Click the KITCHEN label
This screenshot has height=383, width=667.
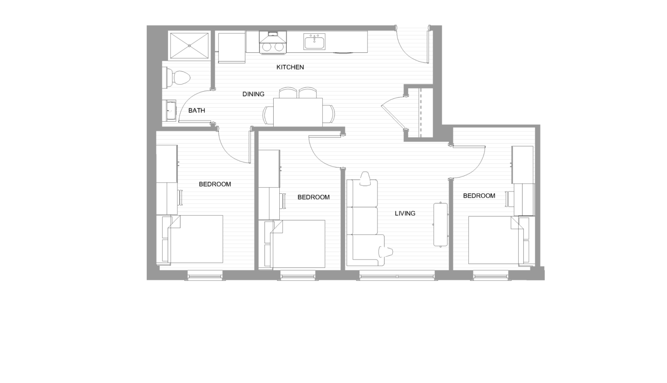pyautogui.click(x=290, y=67)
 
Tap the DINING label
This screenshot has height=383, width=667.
pyautogui.click(x=253, y=94)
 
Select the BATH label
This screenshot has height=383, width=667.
pyautogui.click(x=196, y=111)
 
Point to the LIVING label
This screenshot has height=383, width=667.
pyautogui.click(x=405, y=213)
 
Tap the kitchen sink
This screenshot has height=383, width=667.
pyautogui.click(x=315, y=42)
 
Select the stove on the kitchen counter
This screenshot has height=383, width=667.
pyautogui.click(x=273, y=43)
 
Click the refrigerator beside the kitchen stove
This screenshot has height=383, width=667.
pyautogui.click(x=232, y=47)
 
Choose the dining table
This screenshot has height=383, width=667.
pyautogui.click(x=298, y=111)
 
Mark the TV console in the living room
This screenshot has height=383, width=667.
pyautogui.click(x=440, y=224)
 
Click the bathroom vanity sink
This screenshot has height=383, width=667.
pyautogui.click(x=170, y=111)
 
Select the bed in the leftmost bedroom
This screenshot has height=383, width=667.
pyautogui.click(x=195, y=239)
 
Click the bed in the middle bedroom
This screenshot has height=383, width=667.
pyautogui.click(x=297, y=244)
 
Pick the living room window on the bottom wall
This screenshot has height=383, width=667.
pyautogui.click(x=397, y=277)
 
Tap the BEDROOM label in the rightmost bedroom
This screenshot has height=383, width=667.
pyautogui.click(x=479, y=196)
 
